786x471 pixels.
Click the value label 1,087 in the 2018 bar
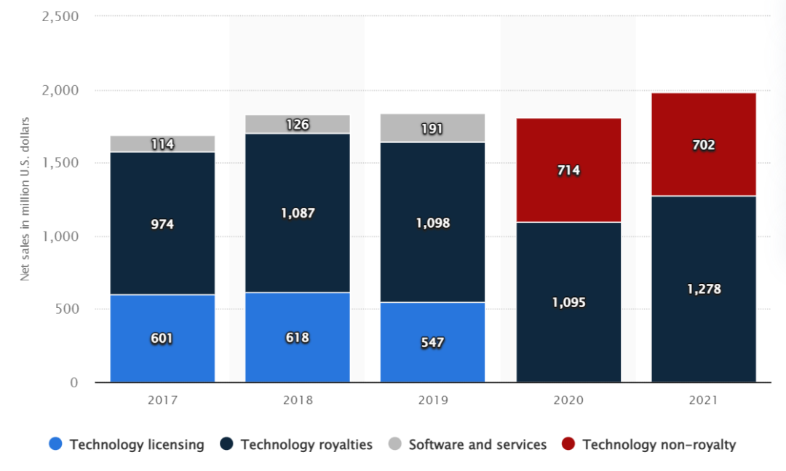coord(298,213)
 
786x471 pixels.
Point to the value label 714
coord(568,170)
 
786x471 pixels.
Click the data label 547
coord(432,342)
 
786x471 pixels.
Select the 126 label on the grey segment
coord(298,124)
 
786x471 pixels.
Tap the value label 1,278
coord(704,289)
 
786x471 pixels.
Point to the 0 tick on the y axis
coord(74,382)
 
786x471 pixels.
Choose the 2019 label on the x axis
coord(432,400)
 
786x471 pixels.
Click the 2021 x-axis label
coord(704,400)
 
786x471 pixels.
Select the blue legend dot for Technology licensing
coord(56,444)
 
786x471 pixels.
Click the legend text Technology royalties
coord(306,444)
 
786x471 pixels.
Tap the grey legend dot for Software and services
coord(395,444)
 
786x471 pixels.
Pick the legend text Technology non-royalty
coord(659,444)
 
